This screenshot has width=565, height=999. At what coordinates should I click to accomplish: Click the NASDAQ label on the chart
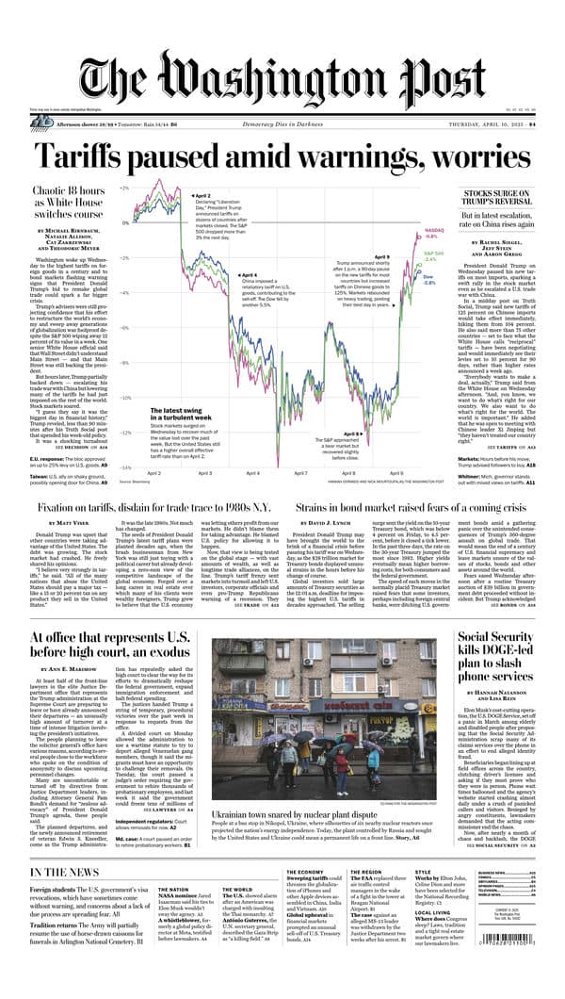coord(433,229)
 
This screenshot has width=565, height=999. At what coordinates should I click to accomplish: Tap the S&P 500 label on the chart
coord(432,253)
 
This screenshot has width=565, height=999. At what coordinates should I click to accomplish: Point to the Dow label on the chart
coord(428,277)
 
